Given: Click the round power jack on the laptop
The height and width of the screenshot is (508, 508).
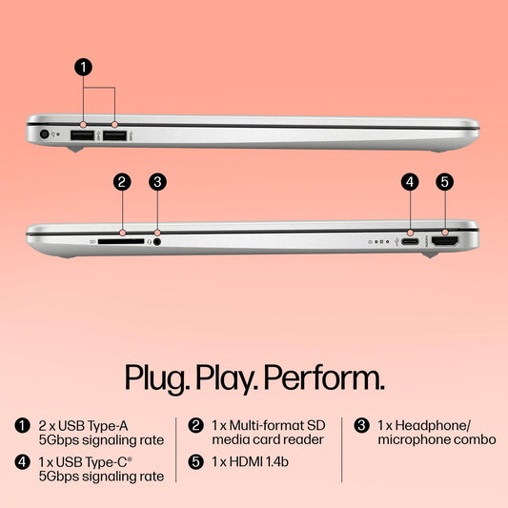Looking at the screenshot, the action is (44, 134).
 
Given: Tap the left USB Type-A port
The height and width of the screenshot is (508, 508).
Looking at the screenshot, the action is (82, 135).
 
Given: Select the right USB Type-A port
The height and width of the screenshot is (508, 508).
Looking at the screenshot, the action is (114, 135).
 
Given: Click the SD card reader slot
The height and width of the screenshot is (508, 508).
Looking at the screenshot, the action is (121, 241).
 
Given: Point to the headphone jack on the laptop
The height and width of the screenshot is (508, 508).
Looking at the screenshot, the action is (157, 242).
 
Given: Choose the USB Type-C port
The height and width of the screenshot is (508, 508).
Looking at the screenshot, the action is (410, 241).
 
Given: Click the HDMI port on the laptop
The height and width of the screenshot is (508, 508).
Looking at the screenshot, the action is (445, 241).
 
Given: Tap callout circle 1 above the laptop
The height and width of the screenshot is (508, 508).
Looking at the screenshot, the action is (83, 67).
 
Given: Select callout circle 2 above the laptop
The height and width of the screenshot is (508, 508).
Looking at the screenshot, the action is (122, 182).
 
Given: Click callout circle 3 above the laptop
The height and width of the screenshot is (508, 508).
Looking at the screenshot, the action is (157, 182).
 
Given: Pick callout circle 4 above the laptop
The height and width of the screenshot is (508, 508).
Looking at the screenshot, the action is (410, 182).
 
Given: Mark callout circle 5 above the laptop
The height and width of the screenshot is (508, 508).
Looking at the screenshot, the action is (445, 182).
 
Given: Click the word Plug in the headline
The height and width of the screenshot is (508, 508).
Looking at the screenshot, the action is (157, 379).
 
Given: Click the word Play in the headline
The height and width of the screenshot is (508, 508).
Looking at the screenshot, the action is (227, 379).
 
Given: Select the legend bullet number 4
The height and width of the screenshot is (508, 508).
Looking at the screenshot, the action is (22, 462).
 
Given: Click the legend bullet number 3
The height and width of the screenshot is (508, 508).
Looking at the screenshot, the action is (361, 425).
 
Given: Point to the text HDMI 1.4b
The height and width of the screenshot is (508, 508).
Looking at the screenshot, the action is (259, 462).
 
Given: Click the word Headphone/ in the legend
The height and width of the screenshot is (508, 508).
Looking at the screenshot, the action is (432, 426).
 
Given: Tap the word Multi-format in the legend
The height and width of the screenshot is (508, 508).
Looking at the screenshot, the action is (267, 426).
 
